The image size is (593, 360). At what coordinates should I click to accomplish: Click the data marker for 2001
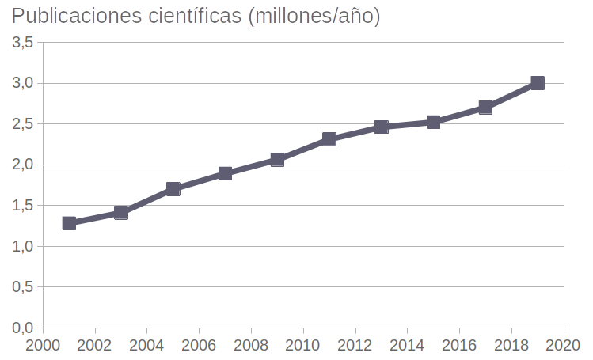point(69,223)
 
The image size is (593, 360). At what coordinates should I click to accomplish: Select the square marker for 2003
point(121,212)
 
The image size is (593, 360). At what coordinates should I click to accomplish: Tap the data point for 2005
point(173,189)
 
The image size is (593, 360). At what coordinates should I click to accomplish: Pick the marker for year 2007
point(225,173)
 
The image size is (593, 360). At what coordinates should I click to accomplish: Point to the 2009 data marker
point(277,160)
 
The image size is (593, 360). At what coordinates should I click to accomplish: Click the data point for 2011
point(329,139)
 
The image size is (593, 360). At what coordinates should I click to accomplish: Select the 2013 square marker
point(382,127)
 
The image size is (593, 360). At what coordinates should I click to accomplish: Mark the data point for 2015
point(433,122)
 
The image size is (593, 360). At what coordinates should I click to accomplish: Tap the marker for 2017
point(485,108)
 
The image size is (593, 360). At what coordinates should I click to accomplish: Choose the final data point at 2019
point(538,83)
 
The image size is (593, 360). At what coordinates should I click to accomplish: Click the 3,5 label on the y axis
point(22,43)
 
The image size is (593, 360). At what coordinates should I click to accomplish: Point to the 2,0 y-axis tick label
point(22,165)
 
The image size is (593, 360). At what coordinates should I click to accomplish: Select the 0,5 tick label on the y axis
point(22,286)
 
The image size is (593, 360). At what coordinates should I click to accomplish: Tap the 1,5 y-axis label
point(22,206)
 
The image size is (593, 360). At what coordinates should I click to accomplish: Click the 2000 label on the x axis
point(43,346)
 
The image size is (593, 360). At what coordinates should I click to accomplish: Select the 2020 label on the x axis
point(564,346)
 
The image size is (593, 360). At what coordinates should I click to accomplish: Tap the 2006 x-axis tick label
point(199,346)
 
